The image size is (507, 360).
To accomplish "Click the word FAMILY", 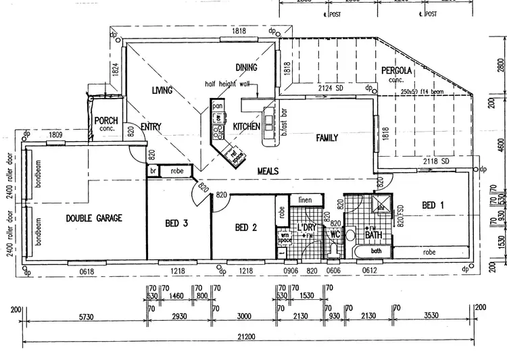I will click(327, 138).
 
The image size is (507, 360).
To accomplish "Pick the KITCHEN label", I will click(247, 127).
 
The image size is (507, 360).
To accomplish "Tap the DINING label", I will click(247, 68).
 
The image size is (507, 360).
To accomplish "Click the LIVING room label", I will click(162, 91).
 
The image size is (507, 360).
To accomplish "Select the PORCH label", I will click(106, 121).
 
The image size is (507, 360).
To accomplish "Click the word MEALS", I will click(268, 172).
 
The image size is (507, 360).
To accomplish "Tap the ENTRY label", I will click(150, 126).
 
